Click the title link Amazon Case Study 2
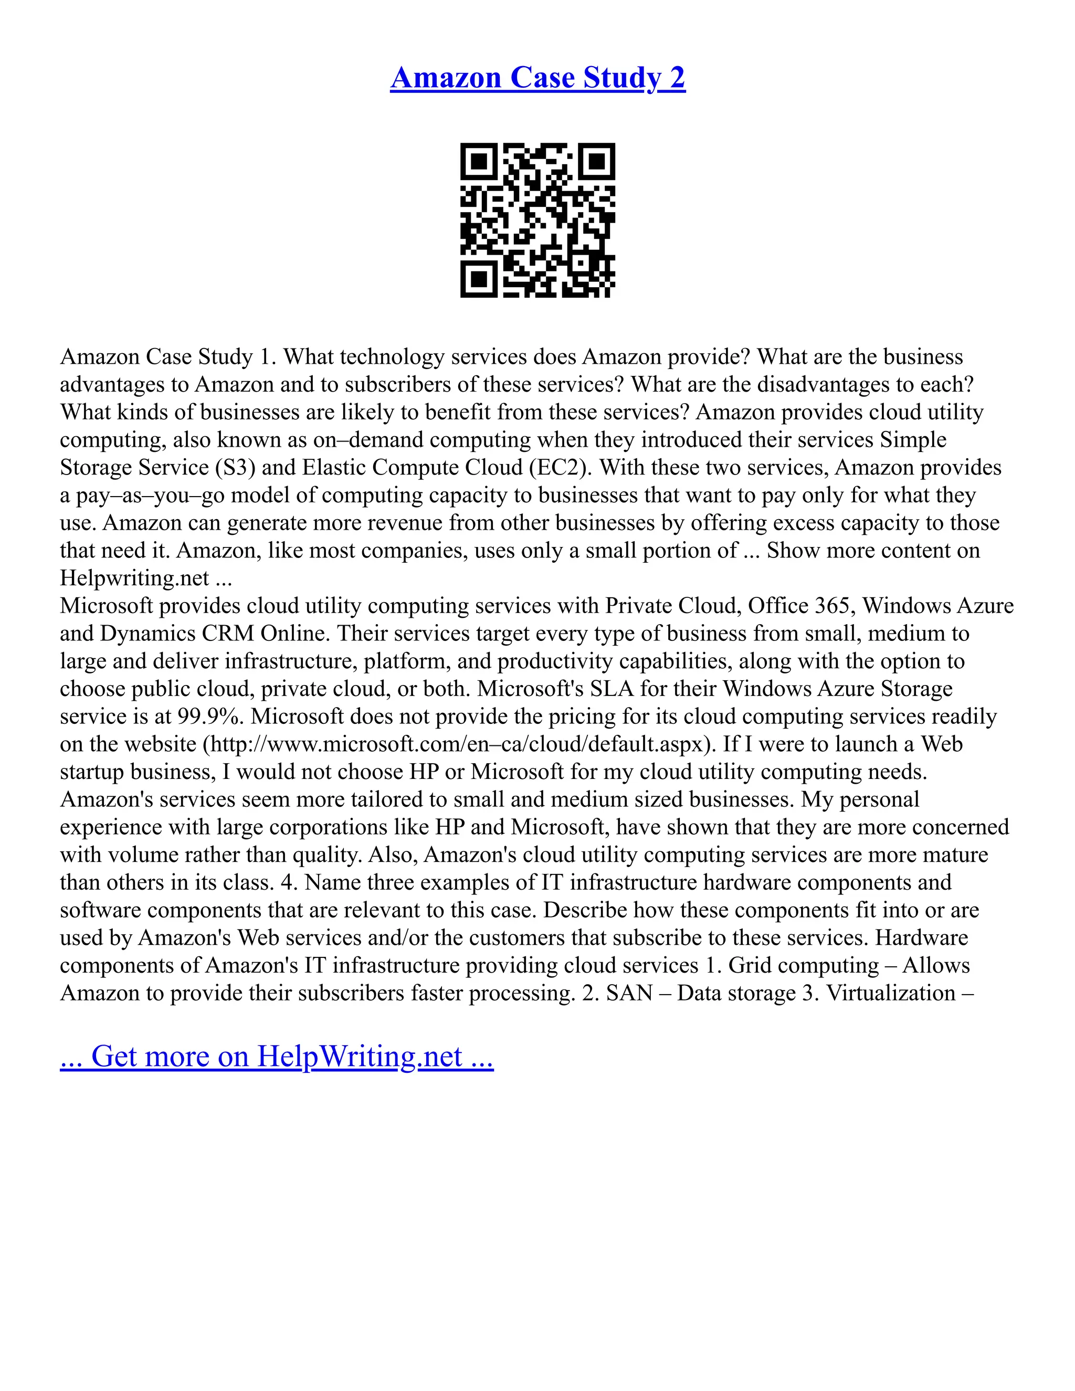coord(537,78)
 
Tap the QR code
coord(537,220)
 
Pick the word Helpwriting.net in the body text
coord(134,578)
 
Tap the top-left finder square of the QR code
coord(478,161)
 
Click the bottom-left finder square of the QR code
coord(478,279)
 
